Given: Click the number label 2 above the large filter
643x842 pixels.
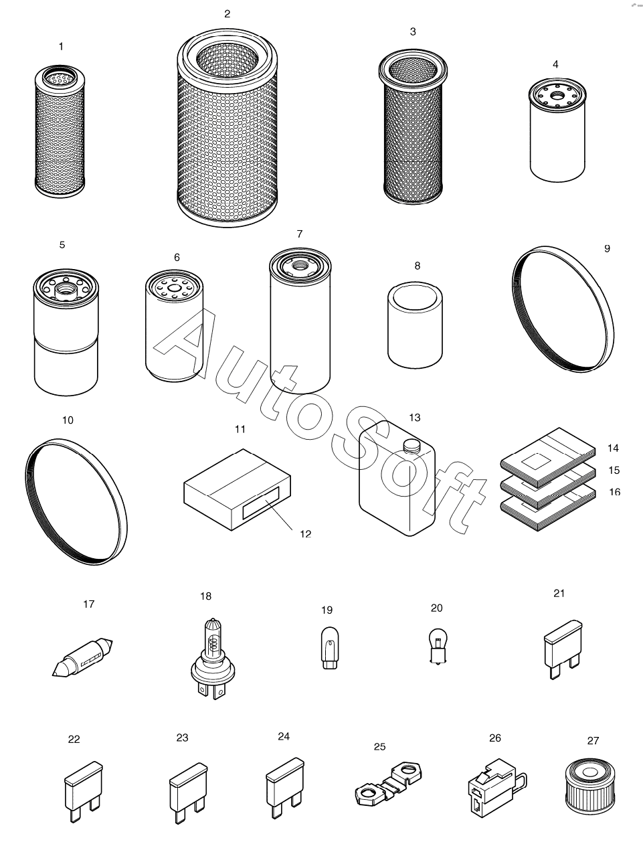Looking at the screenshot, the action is click(227, 14).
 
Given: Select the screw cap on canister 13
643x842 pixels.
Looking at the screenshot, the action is click(412, 445).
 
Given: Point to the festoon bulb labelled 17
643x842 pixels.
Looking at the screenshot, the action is click(82, 657).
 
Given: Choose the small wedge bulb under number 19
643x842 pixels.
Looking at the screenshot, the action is click(330, 648).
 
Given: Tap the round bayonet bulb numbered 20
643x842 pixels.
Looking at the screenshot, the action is click(438, 647).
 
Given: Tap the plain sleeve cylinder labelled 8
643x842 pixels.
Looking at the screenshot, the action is click(415, 325).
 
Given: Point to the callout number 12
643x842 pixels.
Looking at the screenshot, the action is click(305, 534).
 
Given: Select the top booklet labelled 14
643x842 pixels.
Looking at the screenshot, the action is click(548, 458).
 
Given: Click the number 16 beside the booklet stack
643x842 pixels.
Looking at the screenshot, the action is click(615, 492).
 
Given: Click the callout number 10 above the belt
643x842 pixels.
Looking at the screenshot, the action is click(68, 420).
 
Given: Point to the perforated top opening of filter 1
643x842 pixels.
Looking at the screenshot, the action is click(60, 78).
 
